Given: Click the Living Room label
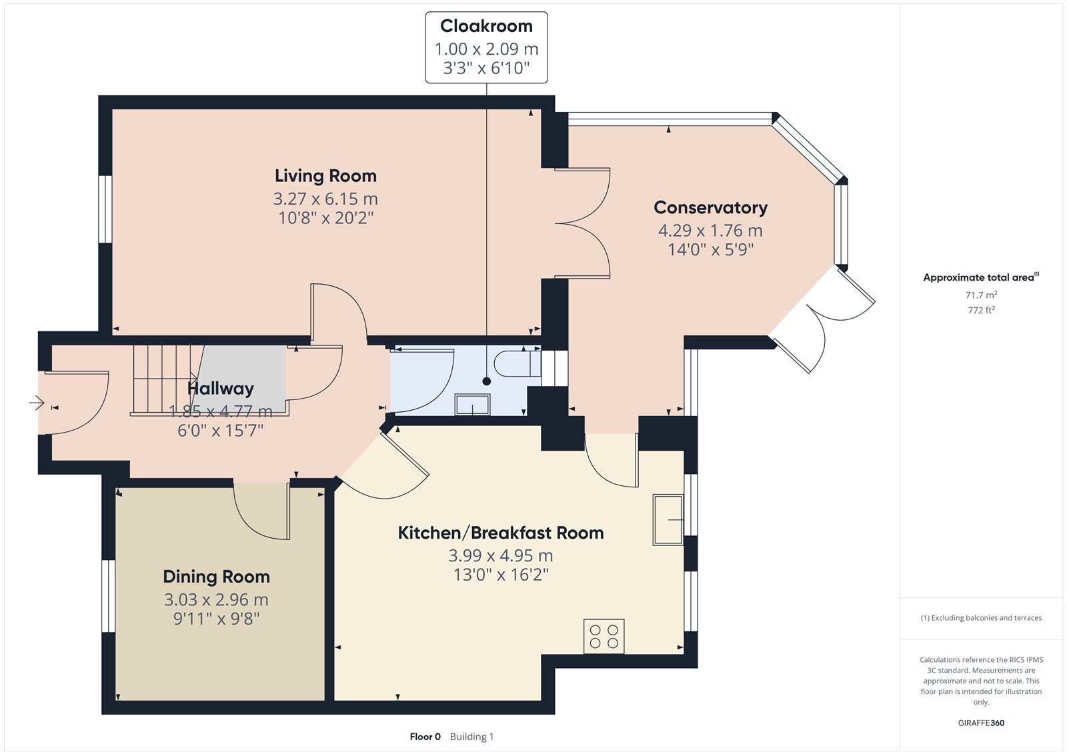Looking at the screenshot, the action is [x=326, y=176].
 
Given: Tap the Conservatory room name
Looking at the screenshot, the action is [x=711, y=208].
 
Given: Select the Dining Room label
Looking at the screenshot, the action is [x=216, y=577].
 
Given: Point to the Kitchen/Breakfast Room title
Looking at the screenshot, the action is [x=501, y=533].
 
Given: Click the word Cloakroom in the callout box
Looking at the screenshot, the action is [x=486, y=26].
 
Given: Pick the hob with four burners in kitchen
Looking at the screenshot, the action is [x=604, y=637].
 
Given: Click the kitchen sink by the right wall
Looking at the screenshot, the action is [x=668, y=519].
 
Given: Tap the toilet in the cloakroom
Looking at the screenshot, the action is [x=517, y=364].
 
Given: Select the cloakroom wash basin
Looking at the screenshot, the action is [x=473, y=405].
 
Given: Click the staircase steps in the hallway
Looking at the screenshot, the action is [x=164, y=379].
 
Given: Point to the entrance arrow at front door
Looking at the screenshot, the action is [x=37, y=403].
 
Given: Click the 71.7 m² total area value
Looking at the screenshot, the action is [x=981, y=295].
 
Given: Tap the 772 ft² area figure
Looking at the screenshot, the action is [x=981, y=310].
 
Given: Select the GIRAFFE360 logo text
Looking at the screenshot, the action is [x=981, y=723].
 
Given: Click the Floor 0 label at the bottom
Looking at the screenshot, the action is [x=425, y=737].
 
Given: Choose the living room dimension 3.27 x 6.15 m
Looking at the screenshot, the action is [x=326, y=199].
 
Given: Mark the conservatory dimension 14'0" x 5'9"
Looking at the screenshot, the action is [x=711, y=249].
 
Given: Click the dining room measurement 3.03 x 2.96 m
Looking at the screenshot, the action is [x=216, y=600].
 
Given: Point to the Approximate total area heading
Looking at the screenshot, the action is [x=981, y=277].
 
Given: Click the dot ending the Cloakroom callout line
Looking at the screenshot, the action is [x=486, y=381].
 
